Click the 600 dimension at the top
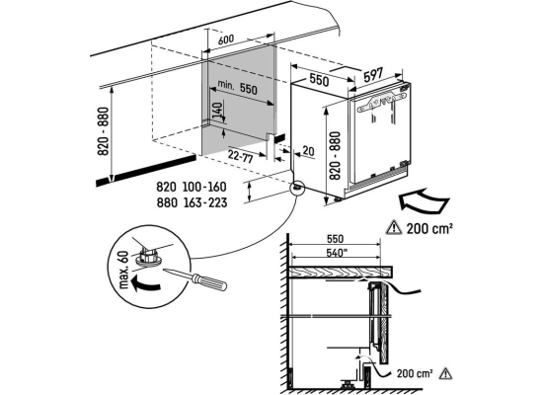click(226, 39)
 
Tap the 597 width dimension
click(373, 75)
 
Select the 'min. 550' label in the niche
click(238, 87)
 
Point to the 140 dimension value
click(217, 112)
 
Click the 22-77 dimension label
click(240, 156)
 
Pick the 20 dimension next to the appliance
click(308, 151)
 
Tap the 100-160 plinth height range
click(204, 187)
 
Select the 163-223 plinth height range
click(204, 202)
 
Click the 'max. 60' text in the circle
click(123, 270)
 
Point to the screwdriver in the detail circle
click(195, 278)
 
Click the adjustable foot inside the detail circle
click(149, 257)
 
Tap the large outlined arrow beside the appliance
click(425, 201)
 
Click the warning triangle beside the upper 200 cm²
click(394, 228)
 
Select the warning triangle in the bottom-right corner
click(445, 373)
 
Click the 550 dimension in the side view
click(335, 239)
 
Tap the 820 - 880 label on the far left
click(104, 131)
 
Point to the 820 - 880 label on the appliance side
click(335, 156)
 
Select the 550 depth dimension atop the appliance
click(319, 80)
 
